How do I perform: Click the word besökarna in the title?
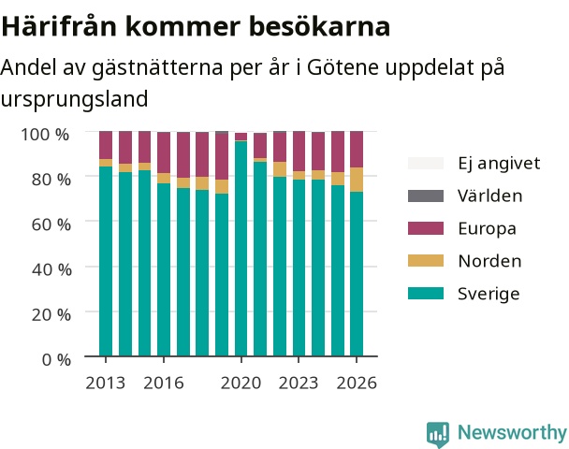coord(320,26)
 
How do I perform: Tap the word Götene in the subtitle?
coord(343,67)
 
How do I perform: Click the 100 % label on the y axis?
coord(45,134)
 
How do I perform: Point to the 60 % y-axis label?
coord(51,224)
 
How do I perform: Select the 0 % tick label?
coord(56,360)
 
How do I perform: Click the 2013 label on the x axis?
coord(105,383)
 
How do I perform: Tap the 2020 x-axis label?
coord(241,383)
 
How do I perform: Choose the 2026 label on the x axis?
coord(357,383)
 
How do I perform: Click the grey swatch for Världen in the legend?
coord(426,196)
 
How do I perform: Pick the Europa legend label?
coord(487,228)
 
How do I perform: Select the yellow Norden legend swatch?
coord(426,261)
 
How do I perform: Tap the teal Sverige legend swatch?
coord(426,294)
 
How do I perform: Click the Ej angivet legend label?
coord(499,164)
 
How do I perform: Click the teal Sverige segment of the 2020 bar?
coord(241,249)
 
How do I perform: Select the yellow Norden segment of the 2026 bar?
coord(357,180)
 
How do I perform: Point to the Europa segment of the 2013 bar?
coord(106,145)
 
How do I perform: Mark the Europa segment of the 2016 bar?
coord(164,152)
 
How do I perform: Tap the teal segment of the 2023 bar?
coord(299,268)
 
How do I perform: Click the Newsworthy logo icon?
coord(438,434)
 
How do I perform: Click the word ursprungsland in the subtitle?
coord(74,98)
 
